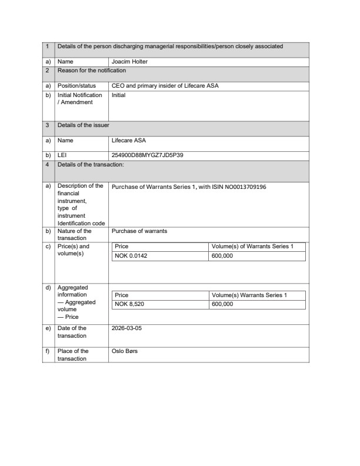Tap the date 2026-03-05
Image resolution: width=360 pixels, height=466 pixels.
click(x=126, y=328)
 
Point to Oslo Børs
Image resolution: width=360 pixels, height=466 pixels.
click(x=125, y=351)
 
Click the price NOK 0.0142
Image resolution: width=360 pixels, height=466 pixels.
click(x=129, y=256)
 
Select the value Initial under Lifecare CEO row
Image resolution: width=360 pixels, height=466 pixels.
click(x=119, y=95)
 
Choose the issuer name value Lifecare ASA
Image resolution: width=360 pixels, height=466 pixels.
click(x=129, y=141)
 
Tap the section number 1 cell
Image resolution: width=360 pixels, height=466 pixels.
click(x=47, y=46)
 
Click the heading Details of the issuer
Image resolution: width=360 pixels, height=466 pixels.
click(x=83, y=125)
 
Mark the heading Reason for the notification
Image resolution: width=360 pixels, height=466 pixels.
click(x=91, y=71)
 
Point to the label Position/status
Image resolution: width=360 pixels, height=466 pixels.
click(x=76, y=85)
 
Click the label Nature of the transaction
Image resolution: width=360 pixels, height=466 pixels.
click(x=75, y=235)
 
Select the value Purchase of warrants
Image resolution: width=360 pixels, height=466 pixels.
click(x=139, y=231)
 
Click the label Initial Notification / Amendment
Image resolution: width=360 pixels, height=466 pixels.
click(x=79, y=98)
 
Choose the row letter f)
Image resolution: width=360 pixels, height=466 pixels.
click(x=48, y=351)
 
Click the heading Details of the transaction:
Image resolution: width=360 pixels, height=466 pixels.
click(x=91, y=165)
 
